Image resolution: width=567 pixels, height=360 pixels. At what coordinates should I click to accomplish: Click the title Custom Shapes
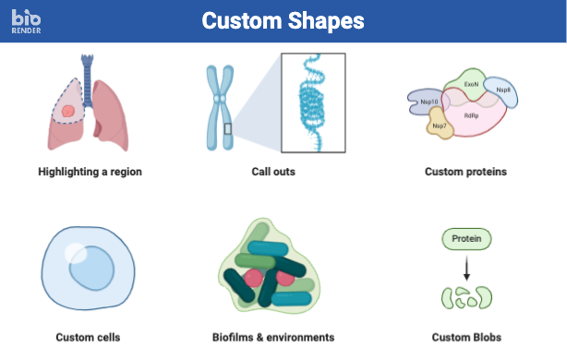point(283,20)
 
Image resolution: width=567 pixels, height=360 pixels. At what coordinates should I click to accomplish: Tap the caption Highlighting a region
point(90,172)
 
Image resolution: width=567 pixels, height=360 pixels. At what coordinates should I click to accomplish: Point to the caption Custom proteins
point(465,172)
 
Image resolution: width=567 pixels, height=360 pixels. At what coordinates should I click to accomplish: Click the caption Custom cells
point(88,337)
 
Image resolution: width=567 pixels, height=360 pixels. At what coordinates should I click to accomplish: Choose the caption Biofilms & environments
point(273,337)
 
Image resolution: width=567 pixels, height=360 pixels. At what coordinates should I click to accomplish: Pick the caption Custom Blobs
point(465,337)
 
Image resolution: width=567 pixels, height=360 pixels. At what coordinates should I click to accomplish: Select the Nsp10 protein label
point(428,102)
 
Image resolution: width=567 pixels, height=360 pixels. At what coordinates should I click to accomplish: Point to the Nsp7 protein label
point(440,126)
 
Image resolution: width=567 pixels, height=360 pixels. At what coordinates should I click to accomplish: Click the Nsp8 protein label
point(503,90)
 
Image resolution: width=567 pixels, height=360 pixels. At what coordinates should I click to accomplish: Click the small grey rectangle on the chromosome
point(228,128)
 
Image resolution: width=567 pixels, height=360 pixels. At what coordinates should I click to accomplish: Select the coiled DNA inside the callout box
point(311,102)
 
